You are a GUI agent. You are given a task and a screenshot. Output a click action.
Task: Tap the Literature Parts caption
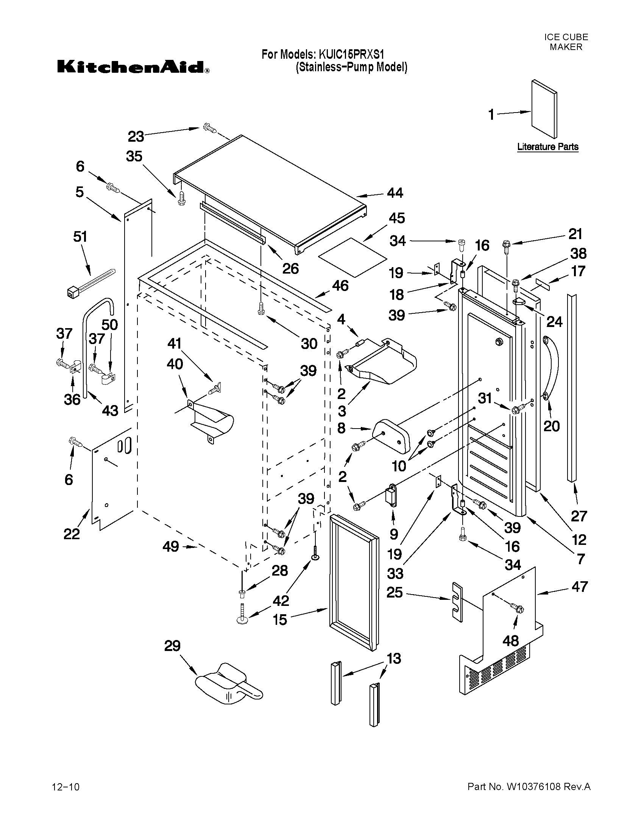(x=547, y=147)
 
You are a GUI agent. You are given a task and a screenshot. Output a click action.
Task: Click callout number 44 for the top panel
(x=395, y=193)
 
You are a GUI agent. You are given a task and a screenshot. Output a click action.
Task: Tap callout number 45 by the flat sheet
(x=396, y=218)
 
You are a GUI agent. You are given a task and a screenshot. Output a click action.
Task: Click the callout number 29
(x=172, y=646)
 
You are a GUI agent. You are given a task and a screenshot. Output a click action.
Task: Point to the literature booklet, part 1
(x=544, y=108)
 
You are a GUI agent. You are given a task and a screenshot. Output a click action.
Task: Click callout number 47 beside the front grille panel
(x=579, y=587)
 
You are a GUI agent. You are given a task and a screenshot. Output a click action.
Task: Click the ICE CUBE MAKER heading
(x=566, y=42)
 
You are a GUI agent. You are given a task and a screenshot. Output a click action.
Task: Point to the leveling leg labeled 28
(x=242, y=593)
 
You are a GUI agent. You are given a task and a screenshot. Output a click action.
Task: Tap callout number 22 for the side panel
(x=72, y=534)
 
